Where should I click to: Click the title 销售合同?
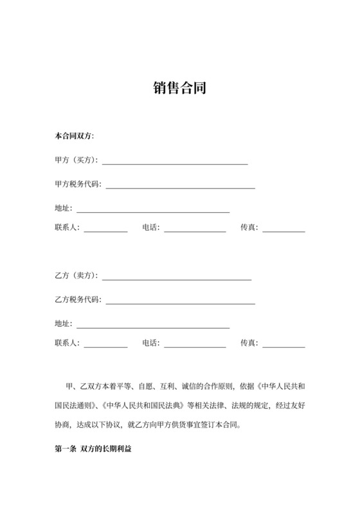click(179, 87)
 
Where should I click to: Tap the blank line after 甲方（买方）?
click(174, 162)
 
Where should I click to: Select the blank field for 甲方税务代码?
click(180, 186)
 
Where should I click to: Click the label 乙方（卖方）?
click(76, 276)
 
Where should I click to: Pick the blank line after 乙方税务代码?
click(180, 300)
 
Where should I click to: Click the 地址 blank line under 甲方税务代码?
click(153, 210)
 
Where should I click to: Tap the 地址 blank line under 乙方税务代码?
click(153, 325)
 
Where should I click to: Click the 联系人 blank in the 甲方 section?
click(105, 229)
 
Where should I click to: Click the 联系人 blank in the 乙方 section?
click(105, 345)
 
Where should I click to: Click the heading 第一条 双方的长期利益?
click(93, 448)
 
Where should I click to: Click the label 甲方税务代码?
click(78, 185)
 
